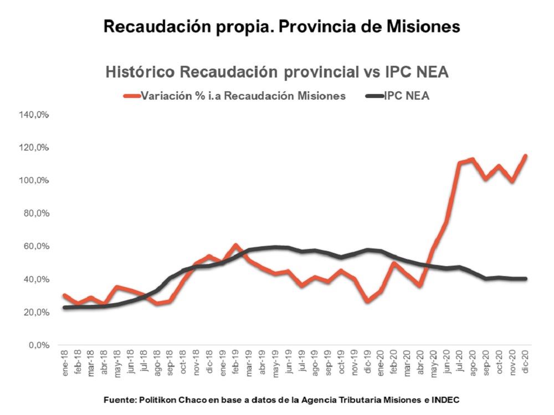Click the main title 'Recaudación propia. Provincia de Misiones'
click(x=282, y=26)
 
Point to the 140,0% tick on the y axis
click(x=35, y=115)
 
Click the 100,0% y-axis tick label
click(x=35, y=181)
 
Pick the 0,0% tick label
click(x=39, y=345)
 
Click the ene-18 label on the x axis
click(x=65, y=363)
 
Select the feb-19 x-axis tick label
click(x=235, y=363)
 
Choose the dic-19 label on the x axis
click(x=367, y=363)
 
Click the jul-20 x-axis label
click(x=459, y=363)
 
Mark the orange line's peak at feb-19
click(x=235, y=245)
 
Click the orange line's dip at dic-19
click(x=367, y=301)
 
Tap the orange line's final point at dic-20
click(x=524, y=156)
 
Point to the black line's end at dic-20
click(x=524, y=278)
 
